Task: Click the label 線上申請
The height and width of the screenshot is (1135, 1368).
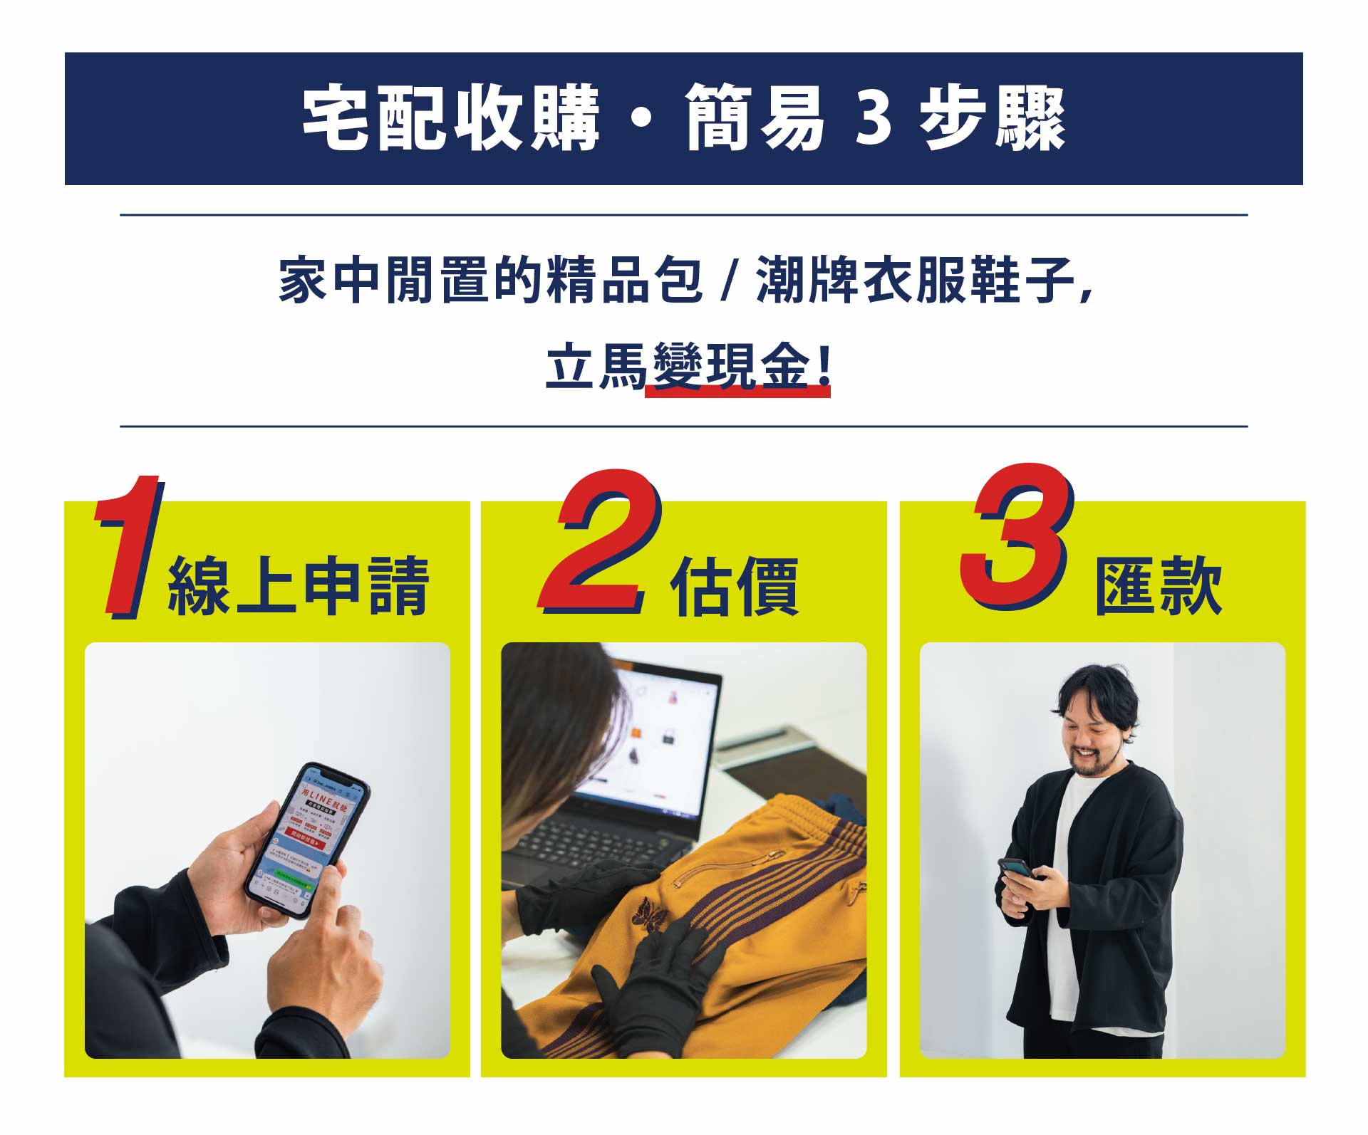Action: pyautogui.click(x=298, y=587)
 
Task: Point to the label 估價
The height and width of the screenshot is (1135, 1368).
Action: pyautogui.click(x=734, y=587)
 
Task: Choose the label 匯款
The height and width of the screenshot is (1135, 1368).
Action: pyautogui.click(x=1159, y=587)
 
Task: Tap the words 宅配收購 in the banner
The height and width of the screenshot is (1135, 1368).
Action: pyautogui.click(x=450, y=120)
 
